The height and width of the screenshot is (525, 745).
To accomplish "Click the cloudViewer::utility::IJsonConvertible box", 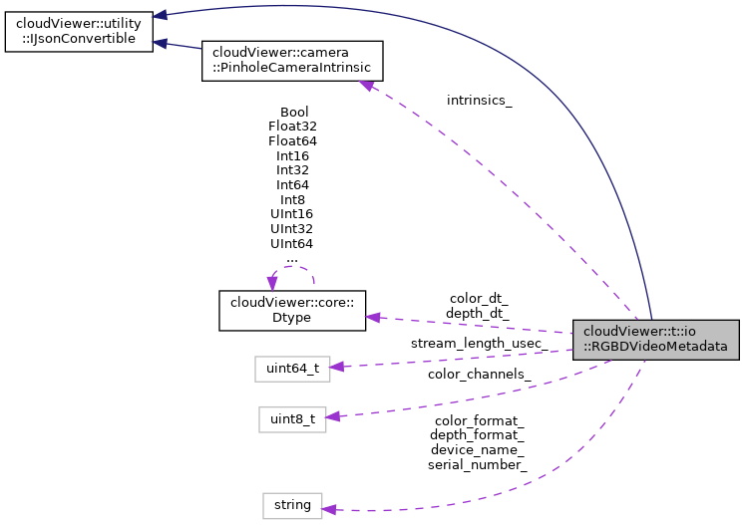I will coord(78,27).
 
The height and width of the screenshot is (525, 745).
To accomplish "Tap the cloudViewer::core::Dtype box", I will coord(292,310).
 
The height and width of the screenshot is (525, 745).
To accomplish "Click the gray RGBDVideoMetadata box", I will coord(655,339).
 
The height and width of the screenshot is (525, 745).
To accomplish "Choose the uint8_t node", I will coord(291,419).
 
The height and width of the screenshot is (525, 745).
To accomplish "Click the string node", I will coord(292,505).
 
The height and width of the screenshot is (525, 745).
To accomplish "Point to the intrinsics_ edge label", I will coord(480,101).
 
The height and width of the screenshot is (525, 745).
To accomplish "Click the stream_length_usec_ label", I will coord(478,344).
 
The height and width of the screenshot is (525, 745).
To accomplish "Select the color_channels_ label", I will coord(479,375).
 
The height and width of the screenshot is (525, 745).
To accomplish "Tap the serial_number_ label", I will coord(477,464).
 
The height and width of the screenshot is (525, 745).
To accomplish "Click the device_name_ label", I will coord(477,449).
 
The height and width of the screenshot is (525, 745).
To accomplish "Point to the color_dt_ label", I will coord(478,299).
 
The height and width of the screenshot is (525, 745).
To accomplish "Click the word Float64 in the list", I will coord(292,141).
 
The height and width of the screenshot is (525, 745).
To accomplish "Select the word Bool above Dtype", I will coord(294,112).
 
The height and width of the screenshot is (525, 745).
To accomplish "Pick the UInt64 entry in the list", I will coord(292,243).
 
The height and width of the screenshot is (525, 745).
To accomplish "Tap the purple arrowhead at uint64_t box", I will coord(337,367).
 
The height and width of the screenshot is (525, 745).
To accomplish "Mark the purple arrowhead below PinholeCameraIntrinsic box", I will coord(367,87).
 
